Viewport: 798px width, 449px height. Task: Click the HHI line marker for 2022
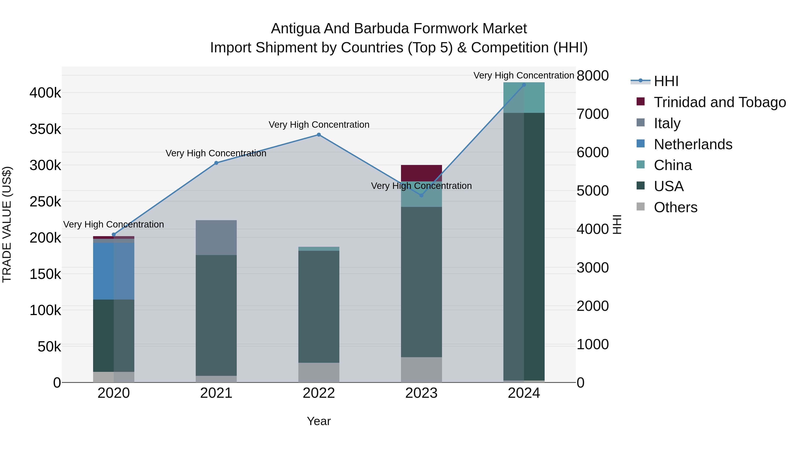click(x=319, y=135)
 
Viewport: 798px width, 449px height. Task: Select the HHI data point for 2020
click(x=114, y=235)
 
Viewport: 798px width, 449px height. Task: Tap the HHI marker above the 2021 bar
click(x=216, y=163)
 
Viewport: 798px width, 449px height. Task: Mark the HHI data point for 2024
click(x=524, y=85)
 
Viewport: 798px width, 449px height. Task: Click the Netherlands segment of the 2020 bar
click(x=114, y=271)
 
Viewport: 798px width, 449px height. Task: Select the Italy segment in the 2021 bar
click(x=216, y=238)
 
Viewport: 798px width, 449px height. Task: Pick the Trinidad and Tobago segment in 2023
click(x=421, y=173)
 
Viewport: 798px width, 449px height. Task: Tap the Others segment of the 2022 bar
click(x=319, y=373)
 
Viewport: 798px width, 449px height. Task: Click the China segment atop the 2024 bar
click(x=524, y=98)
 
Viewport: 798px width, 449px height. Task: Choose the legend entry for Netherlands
click(x=693, y=144)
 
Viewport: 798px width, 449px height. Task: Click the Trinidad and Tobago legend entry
click(x=720, y=102)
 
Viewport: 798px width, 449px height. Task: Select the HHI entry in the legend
click(x=666, y=81)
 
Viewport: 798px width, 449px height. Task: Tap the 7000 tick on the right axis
click(x=593, y=114)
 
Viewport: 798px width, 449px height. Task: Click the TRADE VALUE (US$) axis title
click(x=7, y=224)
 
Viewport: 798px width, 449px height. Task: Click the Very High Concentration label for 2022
click(x=319, y=125)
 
